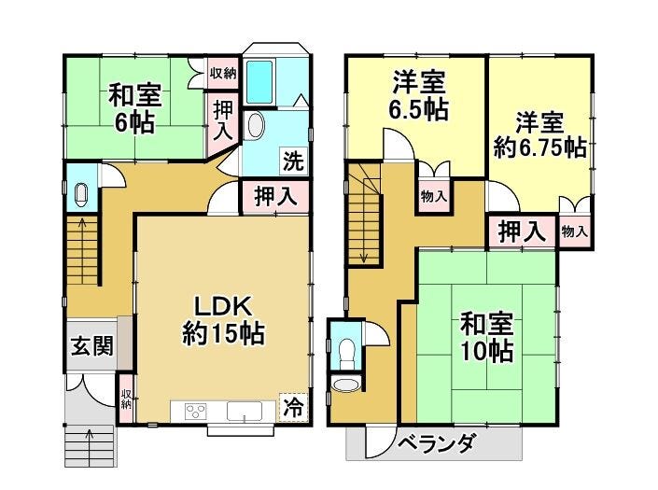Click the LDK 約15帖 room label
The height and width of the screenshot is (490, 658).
pyautogui.click(x=221, y=318)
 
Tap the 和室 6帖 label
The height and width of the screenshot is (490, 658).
pyautogui.click(x=135, y=108)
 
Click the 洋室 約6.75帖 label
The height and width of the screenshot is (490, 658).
pyautogui.click(x=539, y=135)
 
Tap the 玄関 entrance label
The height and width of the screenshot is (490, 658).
pyautogui.click(x=91, y=346)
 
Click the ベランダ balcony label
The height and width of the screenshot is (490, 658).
pyautogui.click(x=436, y=442)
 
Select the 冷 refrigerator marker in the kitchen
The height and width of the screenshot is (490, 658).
pyautogui.click(x=293, y=407)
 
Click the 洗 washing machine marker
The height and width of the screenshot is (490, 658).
pyautogui.click(x=293, y=160)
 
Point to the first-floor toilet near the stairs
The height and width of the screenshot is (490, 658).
pyautogui.click(x=81, y=194)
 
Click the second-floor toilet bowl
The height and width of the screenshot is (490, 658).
pyautogui.click(x=348, y=351)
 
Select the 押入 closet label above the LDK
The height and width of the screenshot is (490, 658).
pyautogui.click(x=276, y=197)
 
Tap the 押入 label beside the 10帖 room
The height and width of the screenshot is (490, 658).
pyautogui.click(x=521, y=231)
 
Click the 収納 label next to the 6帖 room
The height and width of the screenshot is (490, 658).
pyautogui.click(x=222, y=73)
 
